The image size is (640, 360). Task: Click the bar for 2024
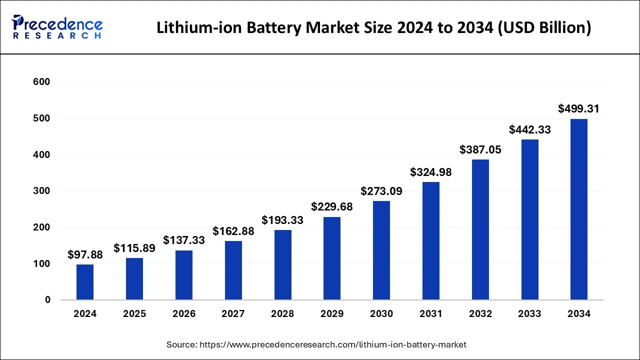point(85,282)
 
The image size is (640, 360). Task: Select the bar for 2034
point(579,209)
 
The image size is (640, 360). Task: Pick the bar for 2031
point(431,241)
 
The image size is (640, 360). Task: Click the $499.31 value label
point(578,108)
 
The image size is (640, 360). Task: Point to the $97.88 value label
point(85,254)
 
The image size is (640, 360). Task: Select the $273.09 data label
point(381,191)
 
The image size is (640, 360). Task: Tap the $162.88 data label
point(233,231)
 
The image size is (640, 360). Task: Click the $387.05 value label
point(480,149)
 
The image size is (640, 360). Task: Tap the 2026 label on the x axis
point(184,314)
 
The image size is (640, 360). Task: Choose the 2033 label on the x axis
point(529,314)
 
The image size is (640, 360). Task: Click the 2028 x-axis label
point(282,314)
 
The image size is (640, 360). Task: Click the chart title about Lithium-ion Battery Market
point(373,27)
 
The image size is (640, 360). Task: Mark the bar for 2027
point(233,270)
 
